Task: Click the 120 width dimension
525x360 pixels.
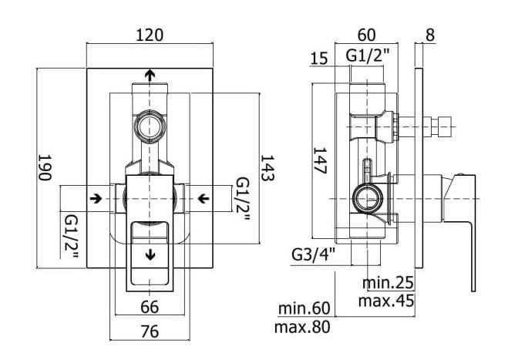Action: click(x=150, y=35)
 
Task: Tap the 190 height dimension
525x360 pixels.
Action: click(x=45, y=167)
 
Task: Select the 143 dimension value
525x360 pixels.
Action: click(x=268, y=168)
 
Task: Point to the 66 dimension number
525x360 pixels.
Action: click(x=150, y=307)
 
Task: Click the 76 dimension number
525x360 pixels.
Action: click(x=150, y=331)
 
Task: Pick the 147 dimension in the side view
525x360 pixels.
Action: click(x=319, y=160)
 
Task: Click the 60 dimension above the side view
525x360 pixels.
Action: click(x=367, y=35)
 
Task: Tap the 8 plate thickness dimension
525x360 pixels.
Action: click(x=430, y=35)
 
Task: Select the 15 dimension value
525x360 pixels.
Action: click(x=318, y=59)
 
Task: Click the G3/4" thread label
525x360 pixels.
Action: click(x=313, y=255)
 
